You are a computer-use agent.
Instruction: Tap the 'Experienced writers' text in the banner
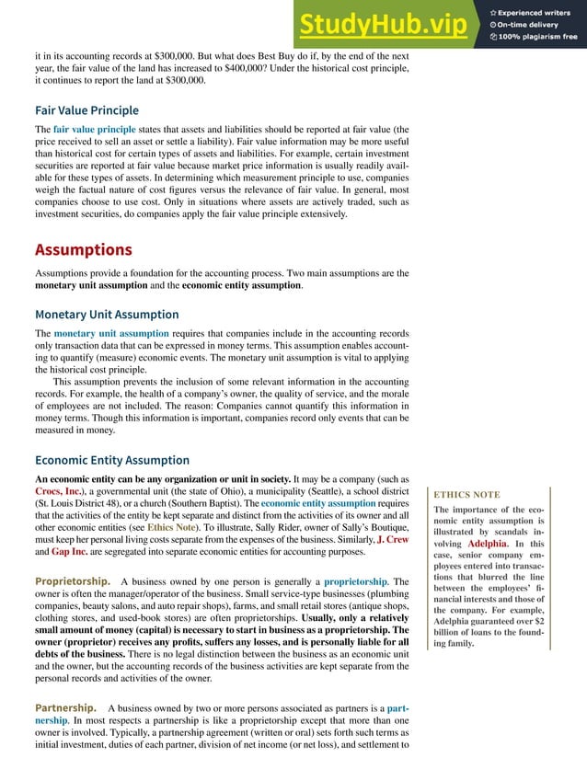click(x=535, y=12)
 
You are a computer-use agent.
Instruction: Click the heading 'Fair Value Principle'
click(x=86, y=110)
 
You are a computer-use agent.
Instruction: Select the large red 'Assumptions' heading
click(x=83, y=249)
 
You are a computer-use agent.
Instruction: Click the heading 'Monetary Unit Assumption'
click(x=107, y=314)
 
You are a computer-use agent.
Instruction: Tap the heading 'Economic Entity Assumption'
click(x=112, y=460)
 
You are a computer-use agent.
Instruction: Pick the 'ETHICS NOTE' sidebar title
click(x=466, y=494)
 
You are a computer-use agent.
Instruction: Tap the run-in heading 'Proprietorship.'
click(x=74, y=581)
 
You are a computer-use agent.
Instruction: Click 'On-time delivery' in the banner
click(x=530, y=25)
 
